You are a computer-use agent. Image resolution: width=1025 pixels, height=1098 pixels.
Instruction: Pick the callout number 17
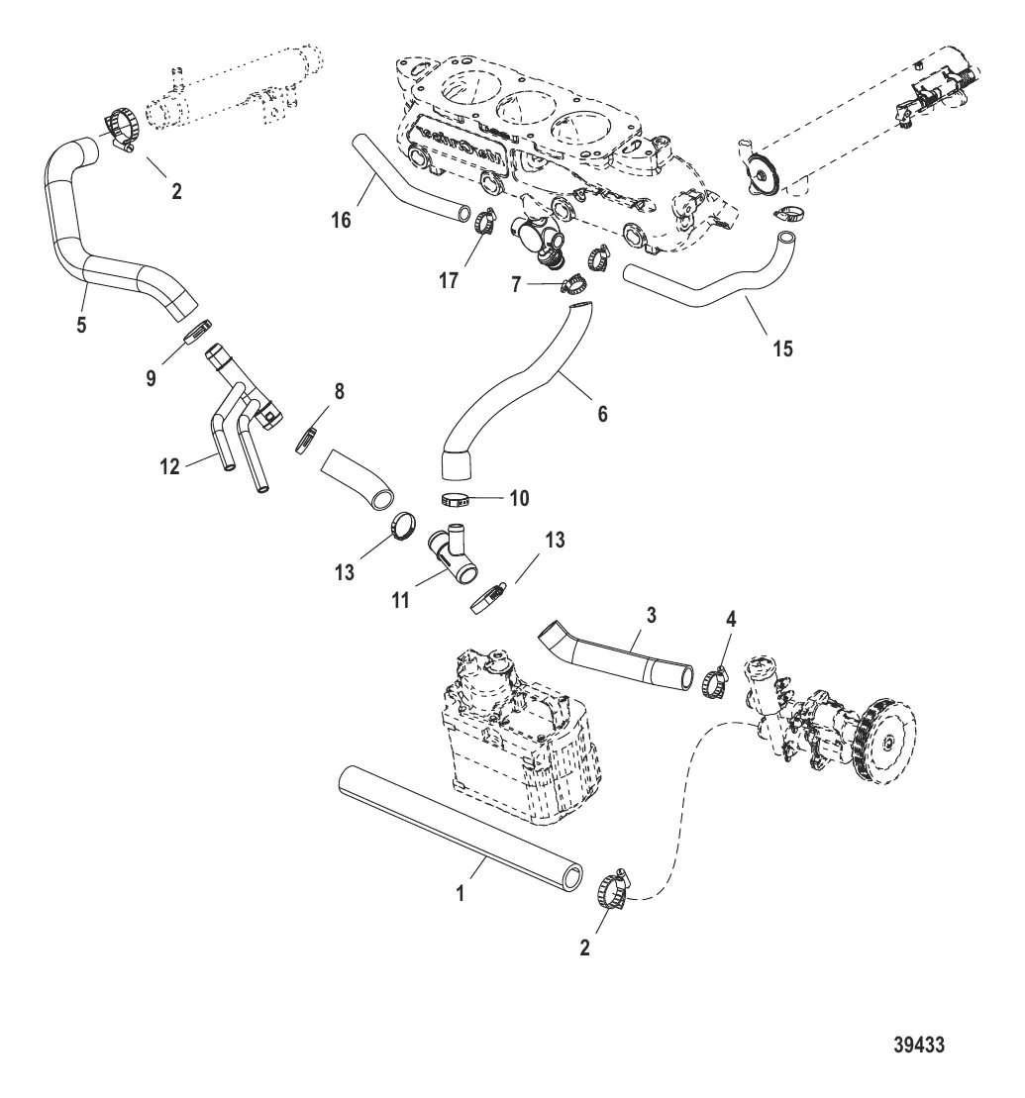click(x=449, y=280)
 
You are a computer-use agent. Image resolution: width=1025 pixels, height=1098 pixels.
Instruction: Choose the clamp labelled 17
click(x=485, y=223)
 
